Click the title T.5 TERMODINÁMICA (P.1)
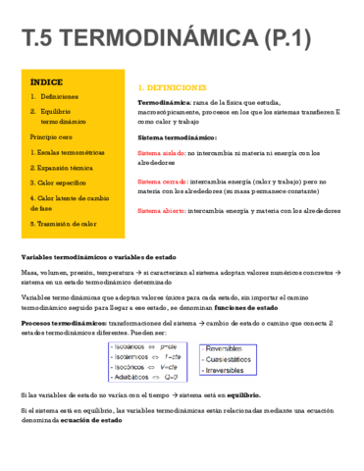(x=182, y=39)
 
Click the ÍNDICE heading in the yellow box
(x=46, y=82)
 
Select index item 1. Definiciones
(x=58, y=97)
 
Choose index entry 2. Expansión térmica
(x=62, y=168)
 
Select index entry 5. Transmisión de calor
(x=63, y=224)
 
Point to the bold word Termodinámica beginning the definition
(x=164, y=102)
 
